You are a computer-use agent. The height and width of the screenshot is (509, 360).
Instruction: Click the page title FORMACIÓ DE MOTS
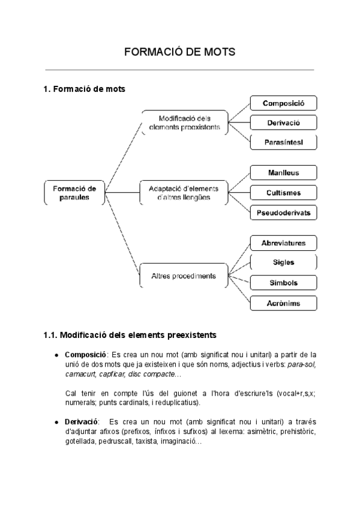[179, 52]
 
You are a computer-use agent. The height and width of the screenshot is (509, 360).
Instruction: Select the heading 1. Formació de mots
[84, 89]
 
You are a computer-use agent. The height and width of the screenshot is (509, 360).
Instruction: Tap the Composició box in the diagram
[283, 103]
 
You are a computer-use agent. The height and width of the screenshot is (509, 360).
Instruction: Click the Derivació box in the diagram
[283, 123]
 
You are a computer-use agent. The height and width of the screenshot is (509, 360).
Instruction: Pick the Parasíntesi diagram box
[283, 142]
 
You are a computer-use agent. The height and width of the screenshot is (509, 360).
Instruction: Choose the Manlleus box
[283, 173]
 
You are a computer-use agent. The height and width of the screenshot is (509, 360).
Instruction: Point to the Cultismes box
[283, 193]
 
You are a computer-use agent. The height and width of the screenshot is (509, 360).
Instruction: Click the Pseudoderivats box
[283, 212]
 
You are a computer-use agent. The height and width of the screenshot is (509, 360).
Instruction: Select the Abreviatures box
[283, 243]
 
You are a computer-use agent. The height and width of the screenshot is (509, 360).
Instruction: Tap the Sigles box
[283, 262]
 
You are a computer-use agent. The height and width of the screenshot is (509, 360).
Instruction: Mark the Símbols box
[283, 283]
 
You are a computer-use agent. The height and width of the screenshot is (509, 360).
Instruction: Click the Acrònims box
[283, 303]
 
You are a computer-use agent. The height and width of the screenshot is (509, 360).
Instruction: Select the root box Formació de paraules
[74, 192]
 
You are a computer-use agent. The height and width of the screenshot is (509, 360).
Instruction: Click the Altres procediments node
[184, 277]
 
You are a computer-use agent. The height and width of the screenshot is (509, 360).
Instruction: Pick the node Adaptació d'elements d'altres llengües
[184, 193]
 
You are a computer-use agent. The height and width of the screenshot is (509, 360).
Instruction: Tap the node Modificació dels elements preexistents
[184, 122]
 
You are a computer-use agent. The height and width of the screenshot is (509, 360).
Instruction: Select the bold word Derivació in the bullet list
[82, 423]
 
